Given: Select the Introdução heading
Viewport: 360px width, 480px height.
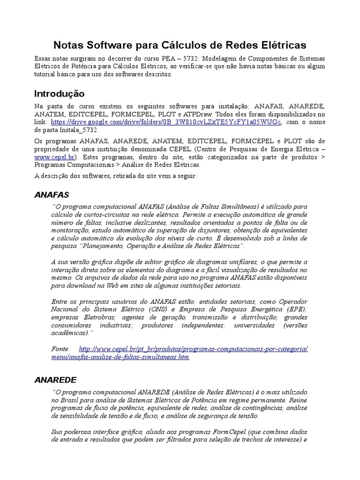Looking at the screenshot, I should point(60,94).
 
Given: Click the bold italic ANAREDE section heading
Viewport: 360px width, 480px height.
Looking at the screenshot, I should point(55,379).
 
